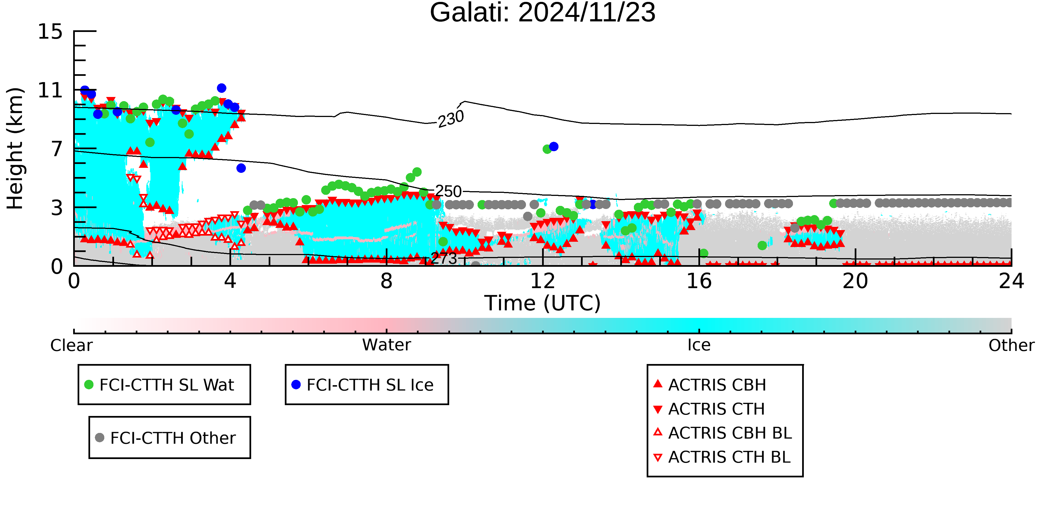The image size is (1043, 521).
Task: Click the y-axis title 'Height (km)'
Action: tap(15, 148)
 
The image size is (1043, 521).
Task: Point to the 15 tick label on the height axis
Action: tap(50, 32)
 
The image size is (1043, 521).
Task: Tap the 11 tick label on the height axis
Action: tap(50, 90)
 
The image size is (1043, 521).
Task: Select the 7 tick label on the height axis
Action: tap(57, 149)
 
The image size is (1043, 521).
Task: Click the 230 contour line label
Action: tap(451, 119)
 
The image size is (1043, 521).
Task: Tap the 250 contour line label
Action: tap(448, 191)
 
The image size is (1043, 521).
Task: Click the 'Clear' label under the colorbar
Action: tap(71, 345)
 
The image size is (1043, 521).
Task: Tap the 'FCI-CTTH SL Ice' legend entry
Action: tap(362, 385)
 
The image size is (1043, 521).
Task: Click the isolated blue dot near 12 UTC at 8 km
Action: tap(553, 146)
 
